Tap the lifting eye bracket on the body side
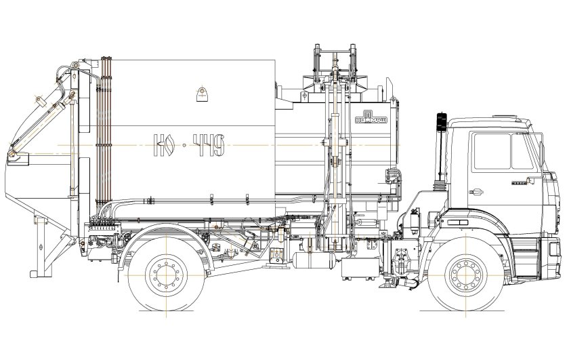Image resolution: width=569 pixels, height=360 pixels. (202, 94)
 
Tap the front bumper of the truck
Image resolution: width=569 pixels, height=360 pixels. (552, 258)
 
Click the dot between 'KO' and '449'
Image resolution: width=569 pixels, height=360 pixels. (184, 144)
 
